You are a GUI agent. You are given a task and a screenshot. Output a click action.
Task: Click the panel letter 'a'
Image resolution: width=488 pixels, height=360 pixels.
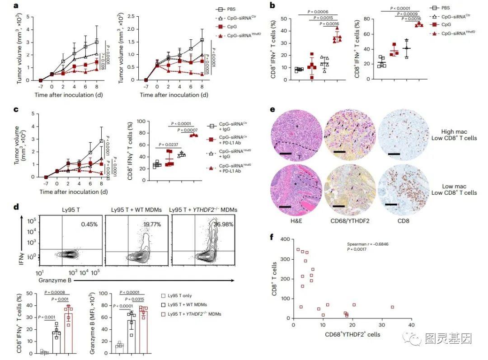pos(16,6)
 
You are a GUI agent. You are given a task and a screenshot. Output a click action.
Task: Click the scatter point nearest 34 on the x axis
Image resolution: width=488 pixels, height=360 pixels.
pos(393,307)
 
